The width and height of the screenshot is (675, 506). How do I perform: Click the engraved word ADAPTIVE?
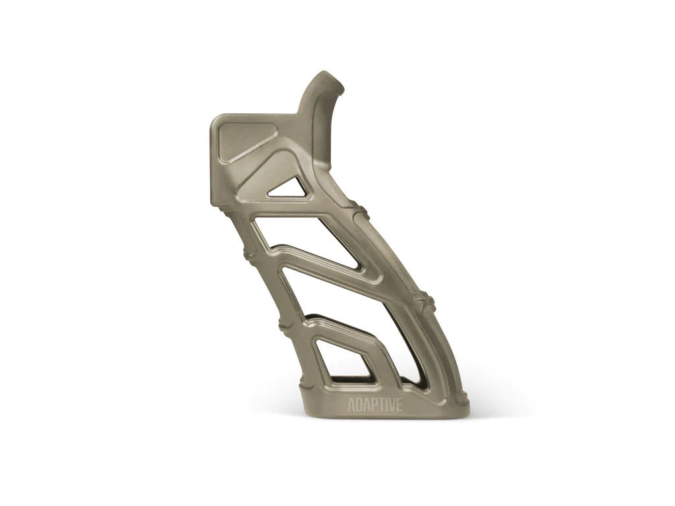click(374, 405)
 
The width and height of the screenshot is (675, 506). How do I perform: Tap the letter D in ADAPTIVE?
click(358, 405)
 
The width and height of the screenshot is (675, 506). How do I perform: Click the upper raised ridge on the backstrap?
click(361, 212)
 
